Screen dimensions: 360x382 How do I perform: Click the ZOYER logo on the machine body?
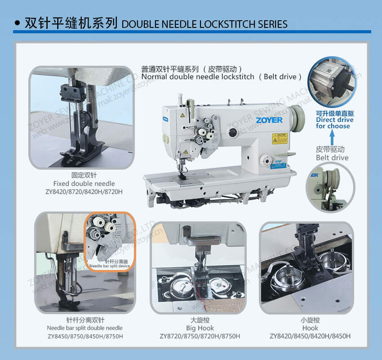click(x=269, y=120)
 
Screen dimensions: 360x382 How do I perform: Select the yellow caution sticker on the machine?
click(x=279, y=138)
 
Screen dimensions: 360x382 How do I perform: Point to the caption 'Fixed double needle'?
click(x=84, y=184)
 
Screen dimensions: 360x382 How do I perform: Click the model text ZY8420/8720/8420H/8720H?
click(x=84, y=192)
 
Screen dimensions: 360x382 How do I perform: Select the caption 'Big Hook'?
click(x=200, y=328)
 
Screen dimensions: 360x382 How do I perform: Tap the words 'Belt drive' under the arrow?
click(x=332, y=157)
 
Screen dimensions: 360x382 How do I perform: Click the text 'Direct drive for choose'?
click(x=334, y=123)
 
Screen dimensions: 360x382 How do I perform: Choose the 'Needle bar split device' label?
click(x=110, y=266)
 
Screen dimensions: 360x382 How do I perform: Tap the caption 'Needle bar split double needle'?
click(x=84, y=328)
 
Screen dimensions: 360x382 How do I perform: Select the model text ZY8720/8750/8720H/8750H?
click(x=200, y=336)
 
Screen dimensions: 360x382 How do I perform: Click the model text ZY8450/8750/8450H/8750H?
click(x=84, y=336)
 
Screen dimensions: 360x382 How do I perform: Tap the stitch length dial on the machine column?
click(x=267, y=160)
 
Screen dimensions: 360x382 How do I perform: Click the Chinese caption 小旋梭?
click(x=310, y=320)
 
